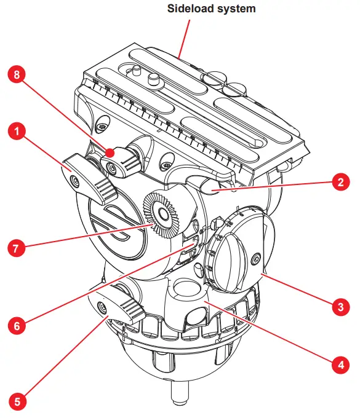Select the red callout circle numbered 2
(x=338, y=182)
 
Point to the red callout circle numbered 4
(x=338, y=365)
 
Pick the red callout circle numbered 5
(x=17, y=403)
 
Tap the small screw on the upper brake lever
(x=74, y=181)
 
